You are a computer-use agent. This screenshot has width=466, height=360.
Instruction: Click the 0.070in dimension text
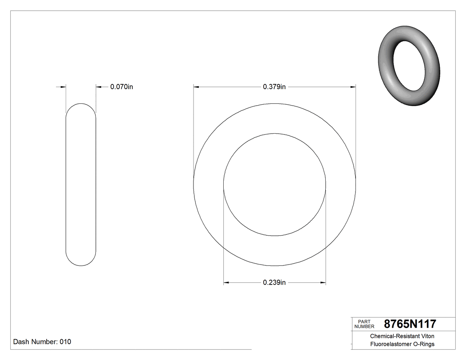click(121, 87)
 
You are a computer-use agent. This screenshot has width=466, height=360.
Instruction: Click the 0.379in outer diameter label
click(274, 87)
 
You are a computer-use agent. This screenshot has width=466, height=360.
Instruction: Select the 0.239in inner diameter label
click(274, 283)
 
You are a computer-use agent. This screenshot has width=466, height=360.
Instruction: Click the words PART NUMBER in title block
click(364, 324)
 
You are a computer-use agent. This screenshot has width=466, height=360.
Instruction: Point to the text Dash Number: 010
click(42, 342)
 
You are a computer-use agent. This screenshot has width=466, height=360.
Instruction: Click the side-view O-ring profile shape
click(81, 185)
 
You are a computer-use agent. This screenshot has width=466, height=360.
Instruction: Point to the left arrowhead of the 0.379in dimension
click(196, 87)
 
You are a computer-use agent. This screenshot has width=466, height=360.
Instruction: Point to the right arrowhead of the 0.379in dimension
click(353, 87)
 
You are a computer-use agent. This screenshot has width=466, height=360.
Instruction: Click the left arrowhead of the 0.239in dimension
click(226, 282)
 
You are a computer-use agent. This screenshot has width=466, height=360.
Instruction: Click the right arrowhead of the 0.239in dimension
click(323, 282)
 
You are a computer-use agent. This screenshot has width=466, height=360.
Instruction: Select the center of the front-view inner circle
click(275, 185)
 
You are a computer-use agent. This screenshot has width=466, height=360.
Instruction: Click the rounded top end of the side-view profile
click(81, 107)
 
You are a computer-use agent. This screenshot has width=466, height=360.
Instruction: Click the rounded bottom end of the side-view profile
click(81, 263)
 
